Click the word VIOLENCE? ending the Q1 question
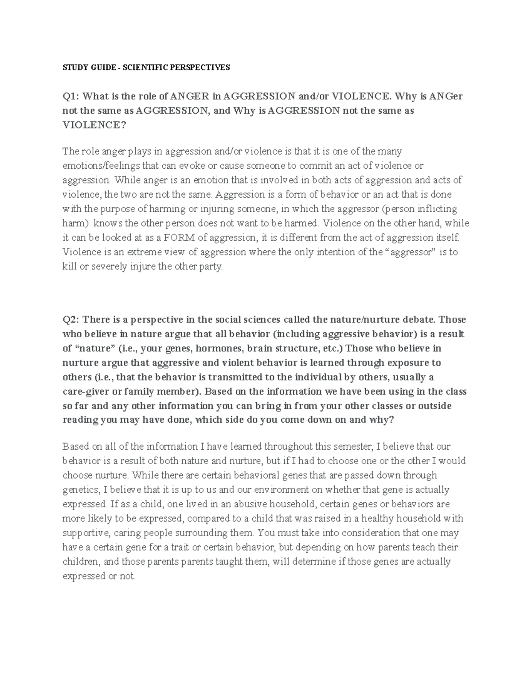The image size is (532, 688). click(x=94, y=125)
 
